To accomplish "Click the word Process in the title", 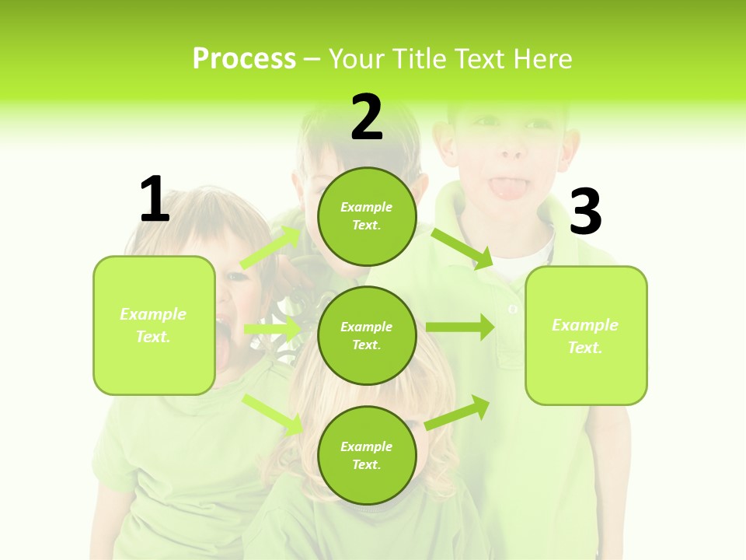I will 244,59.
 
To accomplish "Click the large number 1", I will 155,199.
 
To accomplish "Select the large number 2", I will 367,117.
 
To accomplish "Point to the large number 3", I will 585,212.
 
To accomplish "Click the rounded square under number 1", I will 154,325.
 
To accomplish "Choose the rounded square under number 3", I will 586,335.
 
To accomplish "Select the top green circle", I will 367,216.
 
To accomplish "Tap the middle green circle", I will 367,335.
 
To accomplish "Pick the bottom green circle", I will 367,455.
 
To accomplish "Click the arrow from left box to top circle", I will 271,247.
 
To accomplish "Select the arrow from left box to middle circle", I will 273,330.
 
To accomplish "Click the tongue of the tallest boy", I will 507,187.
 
